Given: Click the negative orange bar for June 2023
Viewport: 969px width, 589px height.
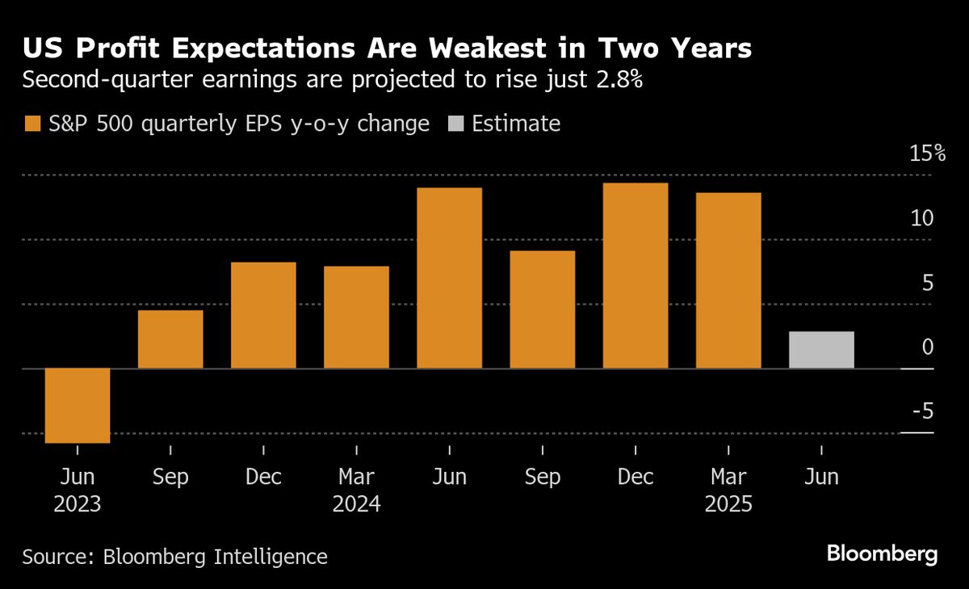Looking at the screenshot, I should click(x=78, y=406).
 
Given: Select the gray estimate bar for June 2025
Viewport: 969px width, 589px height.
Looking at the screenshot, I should click(x=821, y=350).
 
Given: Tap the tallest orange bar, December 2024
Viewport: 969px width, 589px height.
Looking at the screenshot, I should click(x=636, y=276).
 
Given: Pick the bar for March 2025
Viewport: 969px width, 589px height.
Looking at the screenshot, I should click(x=728, y=280).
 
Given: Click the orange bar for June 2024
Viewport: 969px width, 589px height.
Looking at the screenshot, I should click(x=449, y=278).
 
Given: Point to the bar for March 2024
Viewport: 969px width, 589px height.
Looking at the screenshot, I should click(x=356, y=317).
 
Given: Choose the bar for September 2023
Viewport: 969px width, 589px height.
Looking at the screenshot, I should click(x=170, y=339).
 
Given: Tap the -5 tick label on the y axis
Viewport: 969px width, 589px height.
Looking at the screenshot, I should click(x=922, y=412).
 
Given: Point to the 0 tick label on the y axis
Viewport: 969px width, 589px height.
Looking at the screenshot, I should click(x=927, y=347).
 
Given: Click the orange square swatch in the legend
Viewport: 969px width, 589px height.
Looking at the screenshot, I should click(x=32, y=124).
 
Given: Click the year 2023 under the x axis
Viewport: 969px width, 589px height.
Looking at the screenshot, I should click(x=78, y=505).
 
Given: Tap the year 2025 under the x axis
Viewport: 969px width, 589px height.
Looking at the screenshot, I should click(x=728, y=505).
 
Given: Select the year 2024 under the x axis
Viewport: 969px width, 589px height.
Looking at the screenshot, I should click(x=356, y=505).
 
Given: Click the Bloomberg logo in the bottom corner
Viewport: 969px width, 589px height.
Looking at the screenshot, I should click(x=882, y=554).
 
